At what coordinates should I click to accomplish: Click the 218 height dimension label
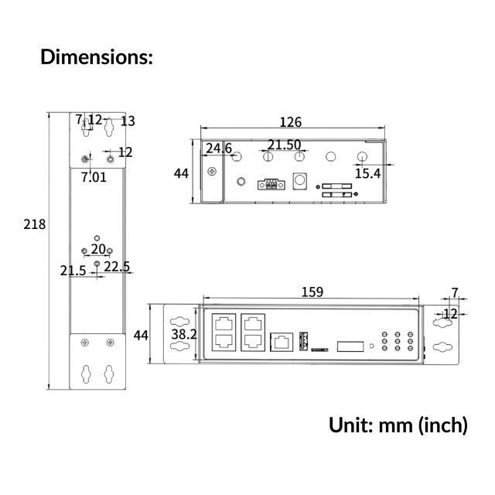(34, 224)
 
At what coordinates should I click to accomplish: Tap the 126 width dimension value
(291, 122)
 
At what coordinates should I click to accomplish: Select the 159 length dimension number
(312, 292)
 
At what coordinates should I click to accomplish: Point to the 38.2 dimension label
(184, 334)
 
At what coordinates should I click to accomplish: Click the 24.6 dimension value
(219, 148)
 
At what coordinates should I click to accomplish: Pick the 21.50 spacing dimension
(284, 145)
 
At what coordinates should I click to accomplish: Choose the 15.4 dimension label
(368, 173)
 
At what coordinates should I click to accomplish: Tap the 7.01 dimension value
(94, 177)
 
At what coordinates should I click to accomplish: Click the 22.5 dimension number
(117, 267)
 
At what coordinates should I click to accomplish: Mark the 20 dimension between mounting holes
(98, 249)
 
